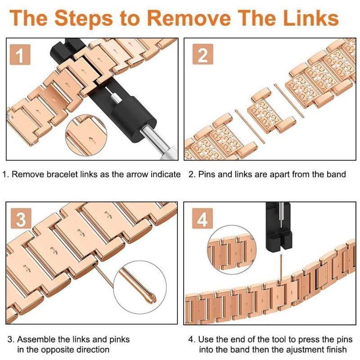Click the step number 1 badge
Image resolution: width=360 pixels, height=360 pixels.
20,54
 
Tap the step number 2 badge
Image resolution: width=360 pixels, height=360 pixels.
203,54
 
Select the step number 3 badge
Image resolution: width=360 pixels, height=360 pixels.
21,218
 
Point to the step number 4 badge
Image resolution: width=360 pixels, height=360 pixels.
202,218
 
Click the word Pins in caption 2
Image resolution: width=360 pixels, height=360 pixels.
207,174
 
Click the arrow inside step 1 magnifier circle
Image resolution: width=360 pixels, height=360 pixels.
92,139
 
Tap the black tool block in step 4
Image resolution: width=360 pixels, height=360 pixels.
279,227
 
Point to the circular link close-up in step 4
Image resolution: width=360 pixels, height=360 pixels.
231,250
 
